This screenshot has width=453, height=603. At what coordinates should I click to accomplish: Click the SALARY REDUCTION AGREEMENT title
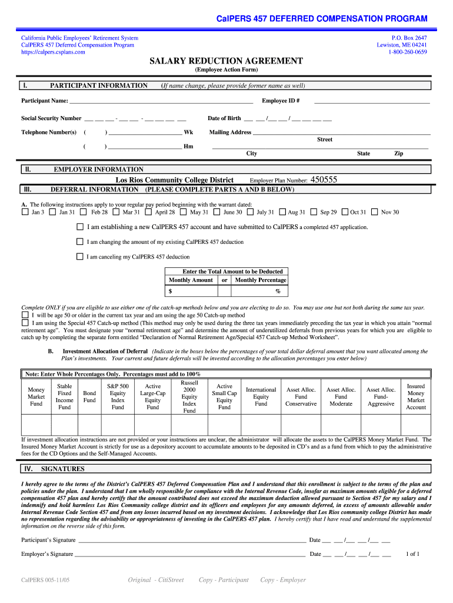coord(226,61)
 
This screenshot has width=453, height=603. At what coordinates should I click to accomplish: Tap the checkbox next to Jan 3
coord(25,212)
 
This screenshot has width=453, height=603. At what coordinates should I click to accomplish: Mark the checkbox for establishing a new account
coord(80,227)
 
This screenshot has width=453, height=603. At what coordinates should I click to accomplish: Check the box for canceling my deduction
coord(80,257)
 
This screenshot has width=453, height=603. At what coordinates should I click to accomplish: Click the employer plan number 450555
coord(324,180)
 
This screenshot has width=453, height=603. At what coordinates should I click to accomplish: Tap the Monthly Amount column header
coord(191,280)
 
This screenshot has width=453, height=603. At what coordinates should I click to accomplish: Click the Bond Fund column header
coord(89,397)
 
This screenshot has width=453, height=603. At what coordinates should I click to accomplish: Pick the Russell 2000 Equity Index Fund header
coord(189,397)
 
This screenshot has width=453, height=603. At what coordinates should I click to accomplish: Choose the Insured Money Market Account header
coord(416,397)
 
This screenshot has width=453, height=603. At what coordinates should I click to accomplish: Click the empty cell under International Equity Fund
coord(261,425)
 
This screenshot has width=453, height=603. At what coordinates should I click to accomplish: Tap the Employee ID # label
coord(281,101)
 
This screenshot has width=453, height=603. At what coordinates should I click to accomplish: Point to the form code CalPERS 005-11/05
coord(45,580)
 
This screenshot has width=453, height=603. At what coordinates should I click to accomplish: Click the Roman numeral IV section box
coord(28,469)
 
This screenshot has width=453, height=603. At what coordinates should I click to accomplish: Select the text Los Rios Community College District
coord(174,180)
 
